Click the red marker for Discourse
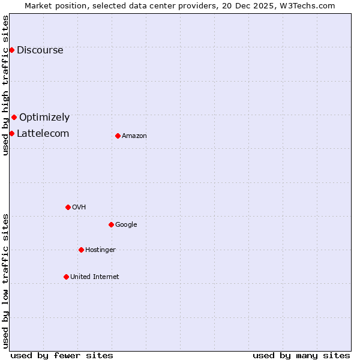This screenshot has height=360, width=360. (x=11, y=50)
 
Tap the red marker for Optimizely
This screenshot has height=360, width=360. (x=14, y=117)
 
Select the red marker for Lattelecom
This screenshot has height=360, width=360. (x=11, y=133)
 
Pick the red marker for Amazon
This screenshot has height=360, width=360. (x=118, y=136)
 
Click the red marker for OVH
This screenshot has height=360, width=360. (x=68, y=207)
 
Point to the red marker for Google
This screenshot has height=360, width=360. (x=111, y=224)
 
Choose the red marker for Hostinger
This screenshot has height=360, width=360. (x=81, y=250)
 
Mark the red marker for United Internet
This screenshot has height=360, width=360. (x=66, y=277)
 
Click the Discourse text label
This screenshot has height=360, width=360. (x=40, y=50)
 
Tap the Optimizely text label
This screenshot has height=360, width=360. (x=44, y=118)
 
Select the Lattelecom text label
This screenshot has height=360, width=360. (x=43, y=134)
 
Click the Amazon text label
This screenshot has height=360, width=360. (x=134, y=136)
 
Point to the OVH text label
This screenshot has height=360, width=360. (x=79, y=208)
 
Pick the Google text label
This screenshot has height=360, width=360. (x=126, y=225)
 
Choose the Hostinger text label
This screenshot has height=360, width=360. (x=100, y=250)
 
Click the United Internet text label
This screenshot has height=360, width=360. (x=95, y=277)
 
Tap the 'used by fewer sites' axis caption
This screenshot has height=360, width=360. (x=62, y=355)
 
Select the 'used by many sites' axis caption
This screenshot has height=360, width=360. (x=301, y=355)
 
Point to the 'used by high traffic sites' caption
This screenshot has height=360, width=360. (x=6, y=85)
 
